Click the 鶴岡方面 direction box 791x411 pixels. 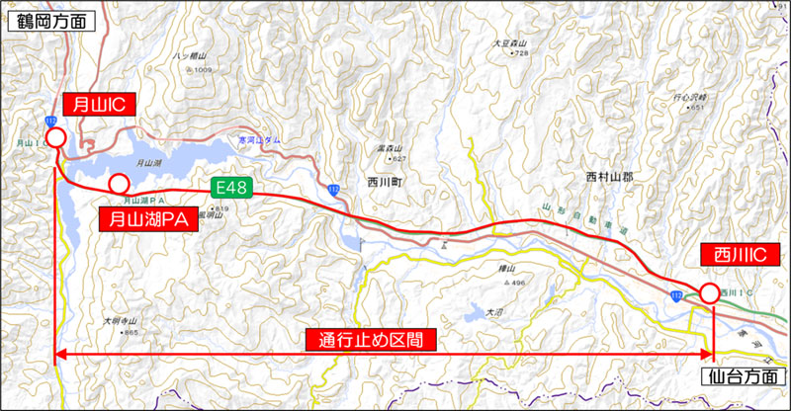[51, 19]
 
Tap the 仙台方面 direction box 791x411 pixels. [744, 376]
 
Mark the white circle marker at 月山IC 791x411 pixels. [55, 137]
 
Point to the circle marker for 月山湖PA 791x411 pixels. [119, 183]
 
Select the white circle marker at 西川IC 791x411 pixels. [710, 292]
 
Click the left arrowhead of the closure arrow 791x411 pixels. [59, 354]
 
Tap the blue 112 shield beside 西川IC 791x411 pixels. [674, 294]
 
